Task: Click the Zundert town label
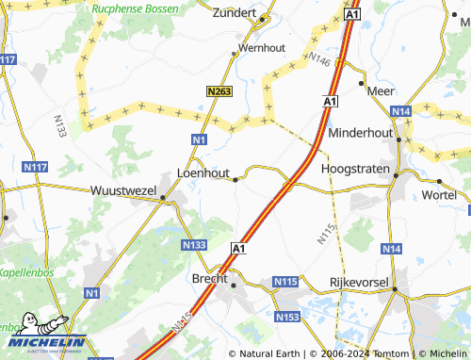pos(235,14)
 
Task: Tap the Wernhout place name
pos(261,46)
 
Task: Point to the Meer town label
pos(381,91)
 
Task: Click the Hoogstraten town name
pos(355,168)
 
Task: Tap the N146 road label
pos(320,61)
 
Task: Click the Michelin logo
pos(43,337)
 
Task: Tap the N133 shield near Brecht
pos(193,244)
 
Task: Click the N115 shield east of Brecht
pos(285,282)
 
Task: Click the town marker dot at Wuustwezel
pos(163,198)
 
